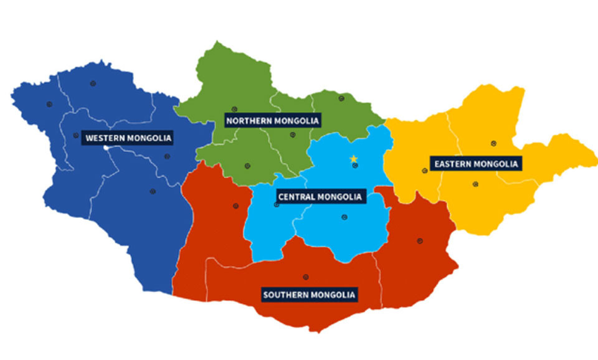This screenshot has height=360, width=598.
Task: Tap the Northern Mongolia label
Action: [x=273, y=120]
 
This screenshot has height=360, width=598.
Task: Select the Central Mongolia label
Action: [x=320, y=197]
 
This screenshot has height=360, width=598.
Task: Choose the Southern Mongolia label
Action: [x=309, y=295]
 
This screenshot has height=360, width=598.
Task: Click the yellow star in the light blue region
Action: [x=354, y=159]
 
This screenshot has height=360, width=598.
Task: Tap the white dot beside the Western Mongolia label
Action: [x=106, y=148]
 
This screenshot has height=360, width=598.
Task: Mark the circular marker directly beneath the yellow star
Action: [x=354, y=166]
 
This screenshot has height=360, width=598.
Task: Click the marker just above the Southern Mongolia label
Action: [x=305, y=277]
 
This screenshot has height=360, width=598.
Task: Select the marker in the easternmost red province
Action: [x=420, y=241]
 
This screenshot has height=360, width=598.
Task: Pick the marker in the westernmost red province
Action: [x=235, y=206]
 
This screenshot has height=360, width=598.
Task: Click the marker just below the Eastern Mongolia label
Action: [x=475, y=184]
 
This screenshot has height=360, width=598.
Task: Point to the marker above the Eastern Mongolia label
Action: [x=493, y=143]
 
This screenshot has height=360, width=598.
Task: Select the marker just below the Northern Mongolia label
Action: [x=292, y=135]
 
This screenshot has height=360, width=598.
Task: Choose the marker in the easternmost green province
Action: [x=341, y=98]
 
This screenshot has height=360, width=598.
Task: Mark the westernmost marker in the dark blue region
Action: [x=48, y=104]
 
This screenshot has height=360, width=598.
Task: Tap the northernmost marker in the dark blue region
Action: [x=93, y=83]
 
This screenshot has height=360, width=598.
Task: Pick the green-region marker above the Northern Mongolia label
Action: [x=234, y=109]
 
